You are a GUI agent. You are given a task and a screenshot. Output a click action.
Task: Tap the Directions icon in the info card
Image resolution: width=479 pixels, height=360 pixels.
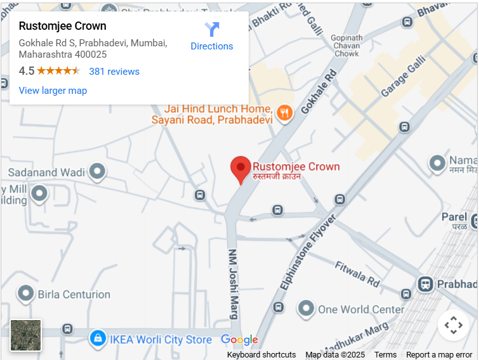212,29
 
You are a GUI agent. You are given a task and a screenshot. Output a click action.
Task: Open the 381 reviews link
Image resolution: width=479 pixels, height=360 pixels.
114,72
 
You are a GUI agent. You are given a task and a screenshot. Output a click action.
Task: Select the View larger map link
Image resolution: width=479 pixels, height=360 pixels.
53,91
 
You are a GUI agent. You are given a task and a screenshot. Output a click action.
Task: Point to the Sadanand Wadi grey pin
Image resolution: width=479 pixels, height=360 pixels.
97,171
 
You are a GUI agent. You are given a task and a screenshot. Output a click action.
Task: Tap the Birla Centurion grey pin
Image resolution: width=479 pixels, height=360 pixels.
26,293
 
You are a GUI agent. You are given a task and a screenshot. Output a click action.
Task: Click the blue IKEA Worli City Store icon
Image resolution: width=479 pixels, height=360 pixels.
97,338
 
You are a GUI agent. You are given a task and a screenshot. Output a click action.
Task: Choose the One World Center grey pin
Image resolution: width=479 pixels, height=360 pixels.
306,309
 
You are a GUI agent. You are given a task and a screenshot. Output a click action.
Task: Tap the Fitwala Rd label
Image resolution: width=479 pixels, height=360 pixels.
357,273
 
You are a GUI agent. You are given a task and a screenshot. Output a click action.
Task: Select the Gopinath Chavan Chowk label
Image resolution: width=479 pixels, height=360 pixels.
347,46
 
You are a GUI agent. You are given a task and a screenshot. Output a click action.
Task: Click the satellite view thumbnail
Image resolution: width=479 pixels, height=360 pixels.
26,335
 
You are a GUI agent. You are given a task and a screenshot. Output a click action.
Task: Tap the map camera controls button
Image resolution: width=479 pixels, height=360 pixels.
453,325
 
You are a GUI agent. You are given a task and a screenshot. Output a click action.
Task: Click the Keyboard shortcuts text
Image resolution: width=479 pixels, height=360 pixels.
261,355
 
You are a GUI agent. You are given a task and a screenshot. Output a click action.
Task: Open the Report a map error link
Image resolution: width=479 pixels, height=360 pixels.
439,355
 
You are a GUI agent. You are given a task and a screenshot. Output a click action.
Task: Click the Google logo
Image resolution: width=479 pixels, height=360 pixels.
240,340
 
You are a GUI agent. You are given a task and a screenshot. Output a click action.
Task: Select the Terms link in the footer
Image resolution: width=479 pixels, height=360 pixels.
385,355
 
